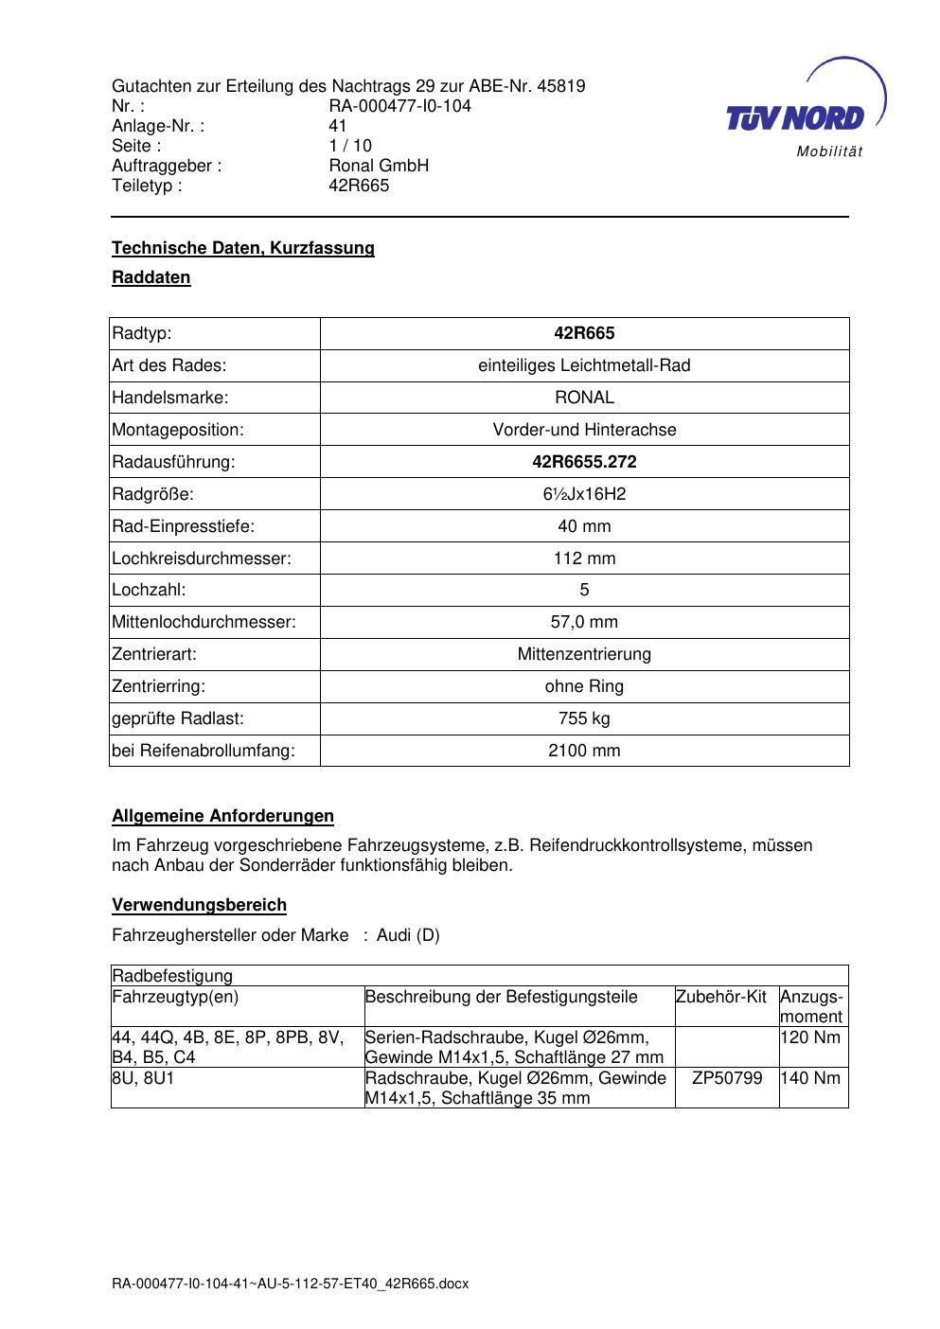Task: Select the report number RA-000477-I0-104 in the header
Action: coord(399,106)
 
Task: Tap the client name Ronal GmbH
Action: coord(379,166)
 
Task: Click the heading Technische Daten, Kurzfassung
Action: coord(243,248)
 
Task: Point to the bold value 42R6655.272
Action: coord(584,462)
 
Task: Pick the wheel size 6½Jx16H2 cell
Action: coord(584,494)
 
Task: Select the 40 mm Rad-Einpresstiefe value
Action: coord(584,526)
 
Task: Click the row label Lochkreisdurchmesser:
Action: coord(202,558)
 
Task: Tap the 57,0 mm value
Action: coord(584,622)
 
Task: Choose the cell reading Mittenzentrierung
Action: coord(584,654)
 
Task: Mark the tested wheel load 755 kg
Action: coord(584,718)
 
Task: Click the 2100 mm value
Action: coord(584,751)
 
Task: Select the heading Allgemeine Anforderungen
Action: coord(222,816)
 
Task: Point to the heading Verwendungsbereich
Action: coord(199,905)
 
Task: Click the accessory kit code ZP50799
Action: coord(727,1078)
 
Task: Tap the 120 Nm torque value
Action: coord(810,1037)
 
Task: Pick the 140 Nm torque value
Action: coord(810,1078)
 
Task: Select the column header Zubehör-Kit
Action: coord(721,997)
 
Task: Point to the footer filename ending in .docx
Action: coord(290,1285)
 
